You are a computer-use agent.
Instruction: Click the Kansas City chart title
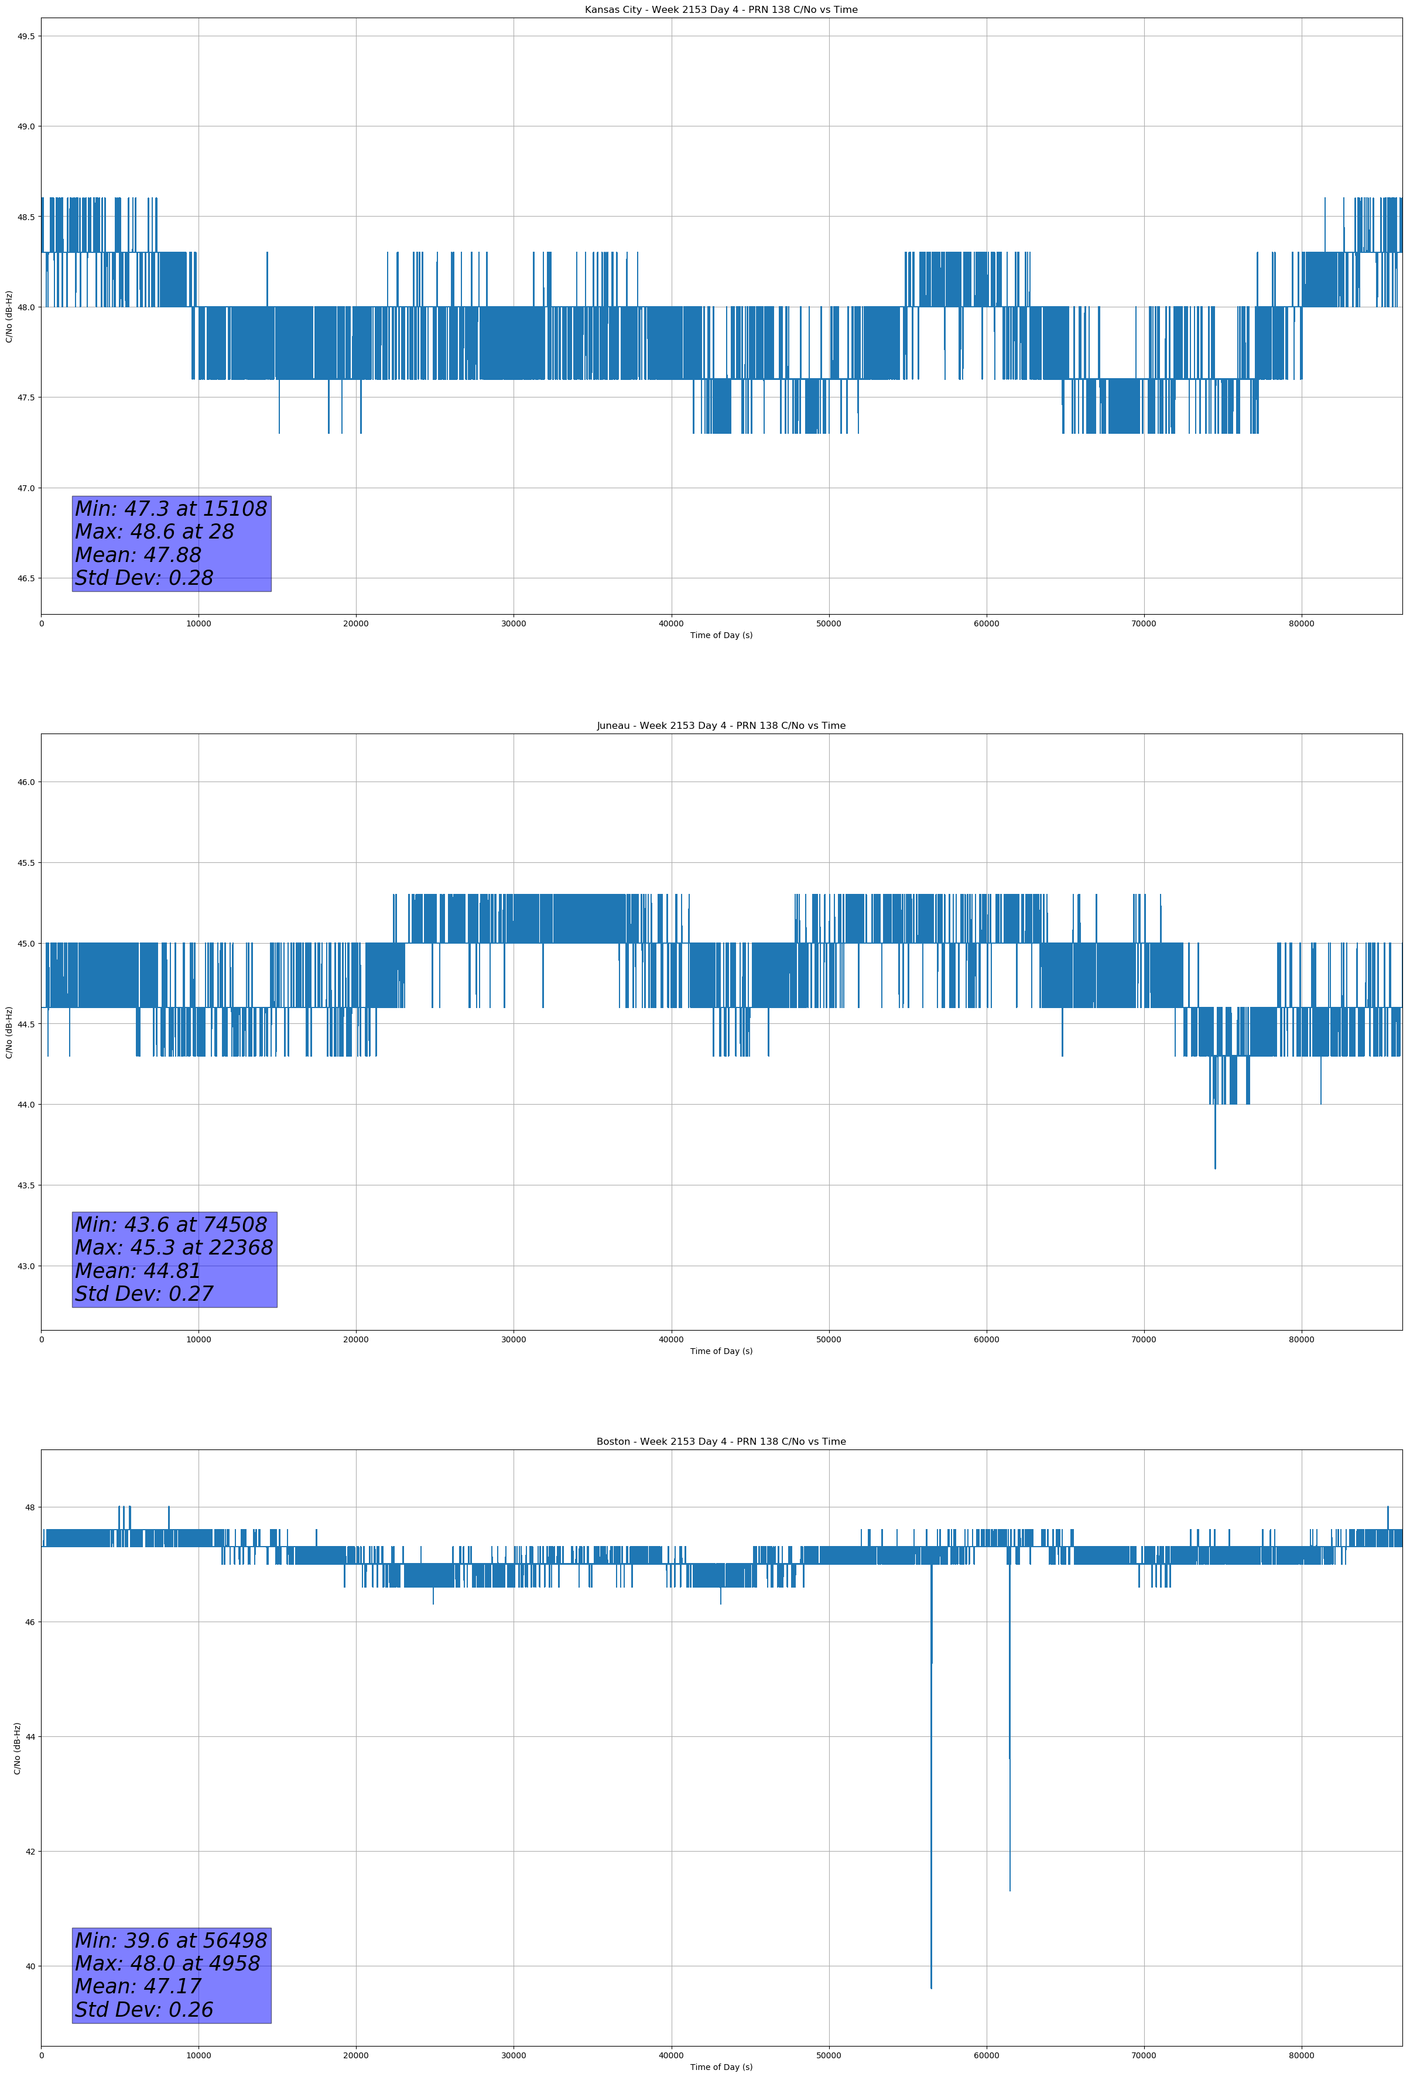(721, 10)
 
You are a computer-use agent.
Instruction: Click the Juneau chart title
(721, 726)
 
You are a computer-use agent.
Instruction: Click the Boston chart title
(721, 1442)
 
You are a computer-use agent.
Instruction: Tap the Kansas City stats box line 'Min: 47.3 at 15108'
(171, 509)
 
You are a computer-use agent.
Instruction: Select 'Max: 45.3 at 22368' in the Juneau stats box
(173, 1247)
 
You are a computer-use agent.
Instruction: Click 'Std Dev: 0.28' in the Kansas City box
(144, 578)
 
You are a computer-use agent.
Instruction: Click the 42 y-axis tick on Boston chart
(29, 1851)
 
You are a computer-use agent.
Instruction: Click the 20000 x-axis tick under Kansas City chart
(356, 624)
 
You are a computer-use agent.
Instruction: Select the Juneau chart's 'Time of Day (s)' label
(721, 1351)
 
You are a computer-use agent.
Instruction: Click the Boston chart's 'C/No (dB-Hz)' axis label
(17, 1747)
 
